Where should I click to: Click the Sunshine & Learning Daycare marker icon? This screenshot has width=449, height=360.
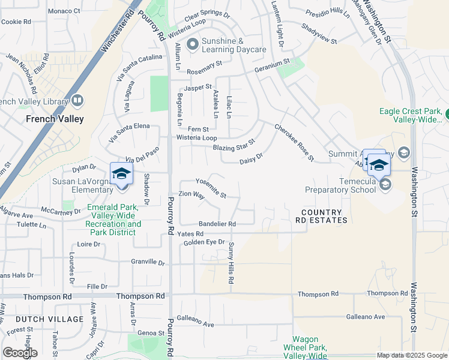pyautogui.click(x=193, y=44)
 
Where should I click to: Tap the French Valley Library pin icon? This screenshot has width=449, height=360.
pyautogui.click(x=77, y=100)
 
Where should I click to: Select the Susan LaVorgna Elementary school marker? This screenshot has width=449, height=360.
pyautogui.click(x=122, y=175)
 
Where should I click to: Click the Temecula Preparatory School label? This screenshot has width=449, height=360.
pyautogui.click(x=335, y=185)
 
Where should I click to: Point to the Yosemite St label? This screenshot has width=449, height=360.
pyautogui.click(x=211, y=188)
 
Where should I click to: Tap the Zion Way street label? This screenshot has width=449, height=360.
pyautogui.click(x=191, y=196)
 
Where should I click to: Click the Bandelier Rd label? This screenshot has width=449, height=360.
pyautogui.click(x=217, y=223)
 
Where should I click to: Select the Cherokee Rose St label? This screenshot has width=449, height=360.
pyautogui.click(x=294, y=142)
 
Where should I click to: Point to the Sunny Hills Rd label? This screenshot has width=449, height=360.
pyautogui.click(x=231, y=263)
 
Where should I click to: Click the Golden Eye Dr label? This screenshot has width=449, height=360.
pyautogui.click(x=204, y=242)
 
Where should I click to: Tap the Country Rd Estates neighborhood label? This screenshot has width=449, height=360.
pyautogui.click(x=324, y=217)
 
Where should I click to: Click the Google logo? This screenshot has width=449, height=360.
pyautogui.click(x=20, y=352)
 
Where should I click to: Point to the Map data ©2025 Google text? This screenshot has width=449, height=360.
pyautogui.click(x=411, y=355)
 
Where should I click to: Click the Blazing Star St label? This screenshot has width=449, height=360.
pyautogui.click(x=233, y=145)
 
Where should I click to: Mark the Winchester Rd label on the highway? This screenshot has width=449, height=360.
pyautogui.click(x=118, y=28)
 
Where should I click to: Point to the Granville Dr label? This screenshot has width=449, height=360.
pyautogui.click(x=148, y=262)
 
